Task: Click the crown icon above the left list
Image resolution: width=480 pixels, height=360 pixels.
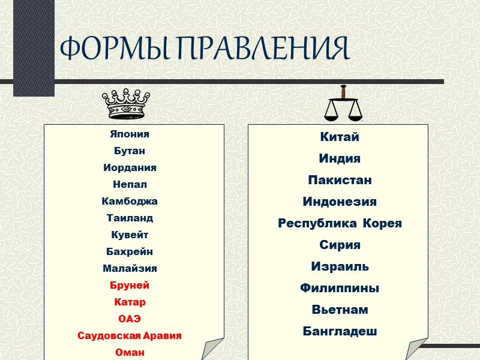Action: [124, 103]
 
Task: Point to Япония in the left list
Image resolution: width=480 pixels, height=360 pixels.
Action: [130, 134]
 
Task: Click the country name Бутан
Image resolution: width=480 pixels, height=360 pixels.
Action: [129, 151]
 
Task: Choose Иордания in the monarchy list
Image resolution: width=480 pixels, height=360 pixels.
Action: [130, 168]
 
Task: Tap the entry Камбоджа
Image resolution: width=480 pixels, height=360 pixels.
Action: [130, 202]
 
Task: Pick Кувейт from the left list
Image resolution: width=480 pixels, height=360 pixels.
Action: [130, 235]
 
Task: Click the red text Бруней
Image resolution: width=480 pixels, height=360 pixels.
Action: [130, 286]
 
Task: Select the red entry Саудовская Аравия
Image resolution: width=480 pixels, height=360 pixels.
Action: [130, 336]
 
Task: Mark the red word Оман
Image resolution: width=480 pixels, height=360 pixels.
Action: [130, 353]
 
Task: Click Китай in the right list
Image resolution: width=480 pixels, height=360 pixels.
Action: [340, 137]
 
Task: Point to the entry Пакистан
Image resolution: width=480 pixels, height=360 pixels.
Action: [340, 181]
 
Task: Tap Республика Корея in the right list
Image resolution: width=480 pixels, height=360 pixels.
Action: [340, 224]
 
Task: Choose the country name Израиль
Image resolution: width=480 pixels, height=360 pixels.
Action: [340, 267]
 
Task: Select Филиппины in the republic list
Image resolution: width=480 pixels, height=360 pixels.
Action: [340, 289]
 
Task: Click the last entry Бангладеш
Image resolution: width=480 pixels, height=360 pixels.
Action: [340, 332]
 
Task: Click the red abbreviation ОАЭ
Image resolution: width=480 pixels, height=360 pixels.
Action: [130, 319]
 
